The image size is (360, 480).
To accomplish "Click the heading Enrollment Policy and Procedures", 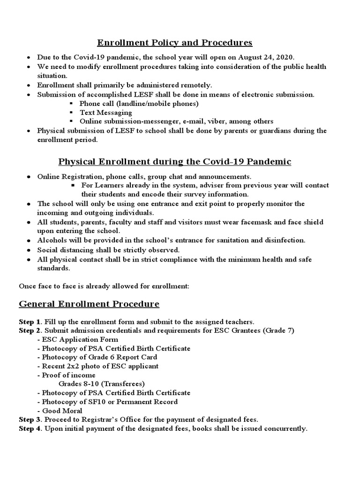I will point(174,43).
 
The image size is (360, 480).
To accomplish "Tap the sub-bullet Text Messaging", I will point(105,112).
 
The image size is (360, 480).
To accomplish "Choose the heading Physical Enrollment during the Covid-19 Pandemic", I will point(174,162).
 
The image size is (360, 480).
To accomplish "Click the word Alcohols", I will point(53,240).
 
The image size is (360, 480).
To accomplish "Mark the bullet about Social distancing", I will point(108,250).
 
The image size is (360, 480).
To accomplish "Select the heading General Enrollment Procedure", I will point(89,304).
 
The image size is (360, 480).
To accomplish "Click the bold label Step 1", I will point(29,322).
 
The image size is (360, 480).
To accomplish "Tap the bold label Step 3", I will point(29,420).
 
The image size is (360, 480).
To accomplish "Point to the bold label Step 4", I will point(29,429).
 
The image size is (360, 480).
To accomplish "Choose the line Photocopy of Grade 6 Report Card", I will point(99,357).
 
